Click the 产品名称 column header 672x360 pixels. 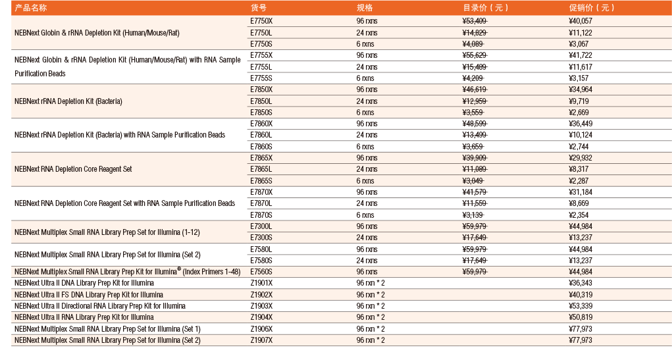(31, 8)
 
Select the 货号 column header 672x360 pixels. (258, 8)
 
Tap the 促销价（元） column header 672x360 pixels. (591, 8)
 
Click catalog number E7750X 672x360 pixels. (261, 21)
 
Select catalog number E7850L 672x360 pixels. (261, 101)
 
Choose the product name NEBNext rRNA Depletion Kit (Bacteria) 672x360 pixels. (68, 101)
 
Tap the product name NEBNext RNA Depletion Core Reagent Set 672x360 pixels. (73, 169)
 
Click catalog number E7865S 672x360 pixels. (261, 181)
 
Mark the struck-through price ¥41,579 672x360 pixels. (475, 192)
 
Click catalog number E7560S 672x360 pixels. (261, 272)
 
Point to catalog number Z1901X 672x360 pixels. (261, 283)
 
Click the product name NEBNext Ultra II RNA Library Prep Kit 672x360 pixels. (84, 317)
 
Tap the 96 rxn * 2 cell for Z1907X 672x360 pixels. (371, 340)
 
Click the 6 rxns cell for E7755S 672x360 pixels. (365, 78)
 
